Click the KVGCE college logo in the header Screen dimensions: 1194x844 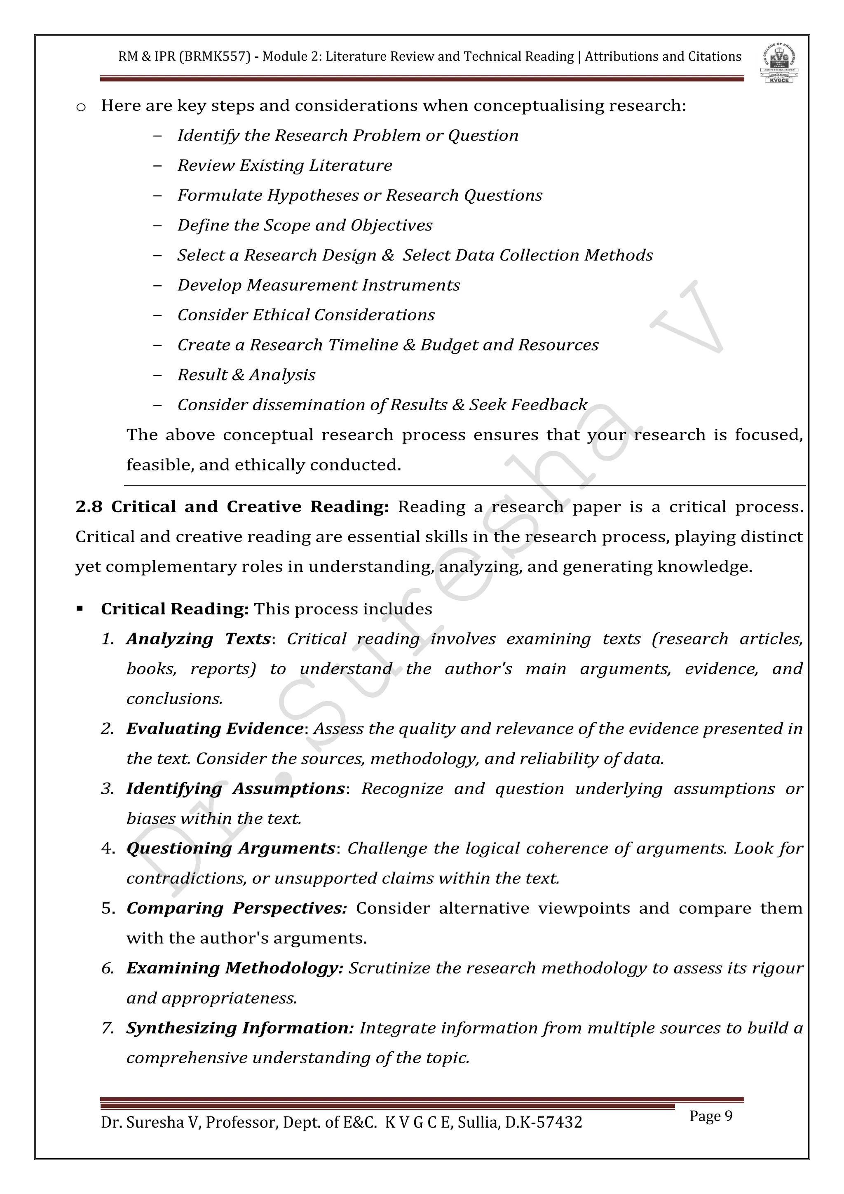781,63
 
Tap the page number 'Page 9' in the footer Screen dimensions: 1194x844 710,1116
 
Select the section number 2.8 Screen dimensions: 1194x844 89,507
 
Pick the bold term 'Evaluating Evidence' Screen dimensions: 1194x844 215,729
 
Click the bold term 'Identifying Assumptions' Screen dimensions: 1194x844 235,788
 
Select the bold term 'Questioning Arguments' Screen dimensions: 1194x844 231,848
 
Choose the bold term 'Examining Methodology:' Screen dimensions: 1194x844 234,968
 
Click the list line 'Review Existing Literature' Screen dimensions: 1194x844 284,165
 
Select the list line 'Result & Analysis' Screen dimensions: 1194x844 246,374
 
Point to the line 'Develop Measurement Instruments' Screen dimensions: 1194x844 319,285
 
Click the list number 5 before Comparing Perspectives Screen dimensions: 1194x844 108,909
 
